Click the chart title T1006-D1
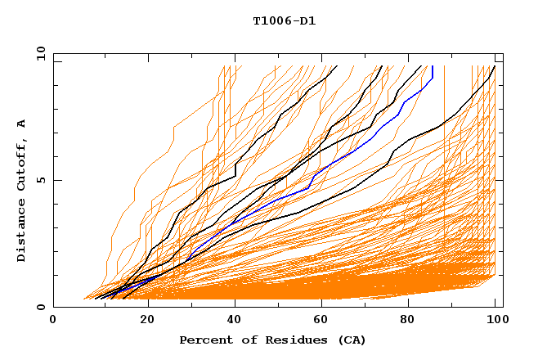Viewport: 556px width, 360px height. point(284,20)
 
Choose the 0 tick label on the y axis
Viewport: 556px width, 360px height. point(40,308)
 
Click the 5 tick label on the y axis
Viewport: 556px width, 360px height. point(40,180)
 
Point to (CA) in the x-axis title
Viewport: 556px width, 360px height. point(352,340)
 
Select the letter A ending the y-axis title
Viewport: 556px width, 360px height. point(21,124)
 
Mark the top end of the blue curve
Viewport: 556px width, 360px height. point(432,67)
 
